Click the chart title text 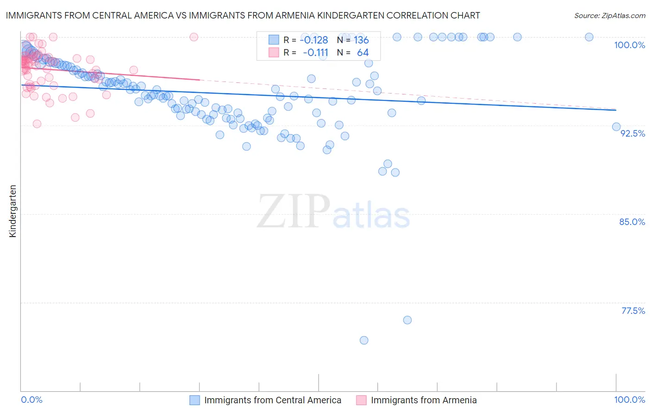point(243,16)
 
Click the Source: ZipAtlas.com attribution point(609,16)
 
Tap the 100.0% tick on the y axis point(629,45)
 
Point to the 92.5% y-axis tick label point(632,133)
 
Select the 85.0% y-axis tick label point(632,222)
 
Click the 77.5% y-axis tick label point(633,311)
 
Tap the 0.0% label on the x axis point(31,400)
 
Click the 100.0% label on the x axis point(629,400)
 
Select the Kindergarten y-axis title point(13,211)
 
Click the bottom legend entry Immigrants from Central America point(273,400)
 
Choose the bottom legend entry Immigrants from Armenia point(424,400)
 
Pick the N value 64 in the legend point(363,52)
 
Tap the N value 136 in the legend point(361,40)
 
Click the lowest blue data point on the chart point(364,340)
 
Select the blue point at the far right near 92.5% point(616,127)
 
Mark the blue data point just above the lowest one point(407,320)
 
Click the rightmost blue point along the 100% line point(589,37)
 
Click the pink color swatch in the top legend point(274,52)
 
